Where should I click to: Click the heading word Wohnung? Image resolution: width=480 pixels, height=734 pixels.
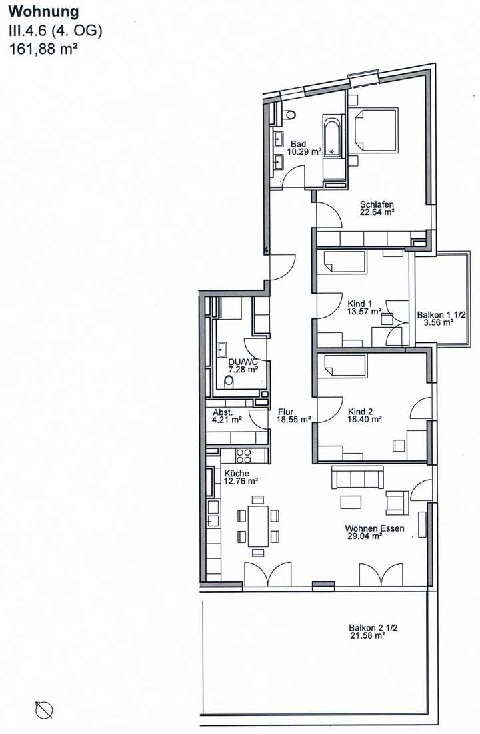coord(43,11)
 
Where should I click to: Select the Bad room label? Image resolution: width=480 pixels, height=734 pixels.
coord(299,143)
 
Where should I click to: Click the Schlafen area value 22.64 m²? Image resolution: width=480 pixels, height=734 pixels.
coord(377,213)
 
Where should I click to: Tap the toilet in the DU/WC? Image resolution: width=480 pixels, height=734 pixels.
coord(229,382)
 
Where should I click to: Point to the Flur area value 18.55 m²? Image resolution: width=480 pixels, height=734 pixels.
coord(294,420)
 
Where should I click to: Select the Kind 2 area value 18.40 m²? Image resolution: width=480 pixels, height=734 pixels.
coord(364,420)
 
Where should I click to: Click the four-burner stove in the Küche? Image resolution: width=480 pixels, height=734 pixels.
coord(243,456)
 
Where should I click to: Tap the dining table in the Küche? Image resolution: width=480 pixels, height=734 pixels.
coord(258,526)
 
